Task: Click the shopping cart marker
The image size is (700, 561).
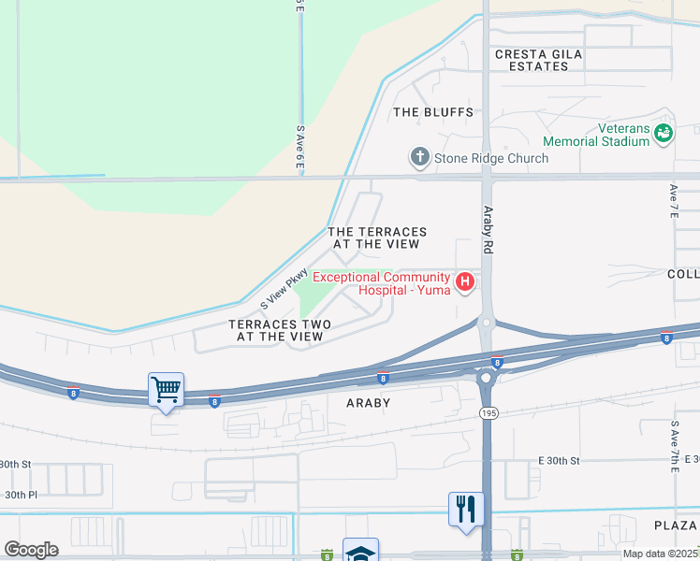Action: (x=167, y=388)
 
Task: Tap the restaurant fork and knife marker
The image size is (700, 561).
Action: (x=466, y=509)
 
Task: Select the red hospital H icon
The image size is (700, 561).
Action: (x=464, y=281)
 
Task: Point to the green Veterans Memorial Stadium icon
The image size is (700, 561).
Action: (x=664, y=134)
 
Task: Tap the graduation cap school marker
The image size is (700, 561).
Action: (x=360, y=552)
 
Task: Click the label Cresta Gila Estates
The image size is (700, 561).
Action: (x=538, y=61)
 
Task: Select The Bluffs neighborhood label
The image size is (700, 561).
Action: (x=433, y=112)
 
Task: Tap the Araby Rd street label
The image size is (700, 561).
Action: (x=488, y=231)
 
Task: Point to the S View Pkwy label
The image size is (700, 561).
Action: (x=284, y=288)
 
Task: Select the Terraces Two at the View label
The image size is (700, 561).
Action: (x=280, y=330)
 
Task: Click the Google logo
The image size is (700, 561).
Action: (x=31, y=550)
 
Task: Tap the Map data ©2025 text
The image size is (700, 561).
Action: (x=660, y=554)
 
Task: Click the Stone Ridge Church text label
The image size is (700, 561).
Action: (x=491, y=158)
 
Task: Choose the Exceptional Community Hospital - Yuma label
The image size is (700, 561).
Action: (x=382, y=282)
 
